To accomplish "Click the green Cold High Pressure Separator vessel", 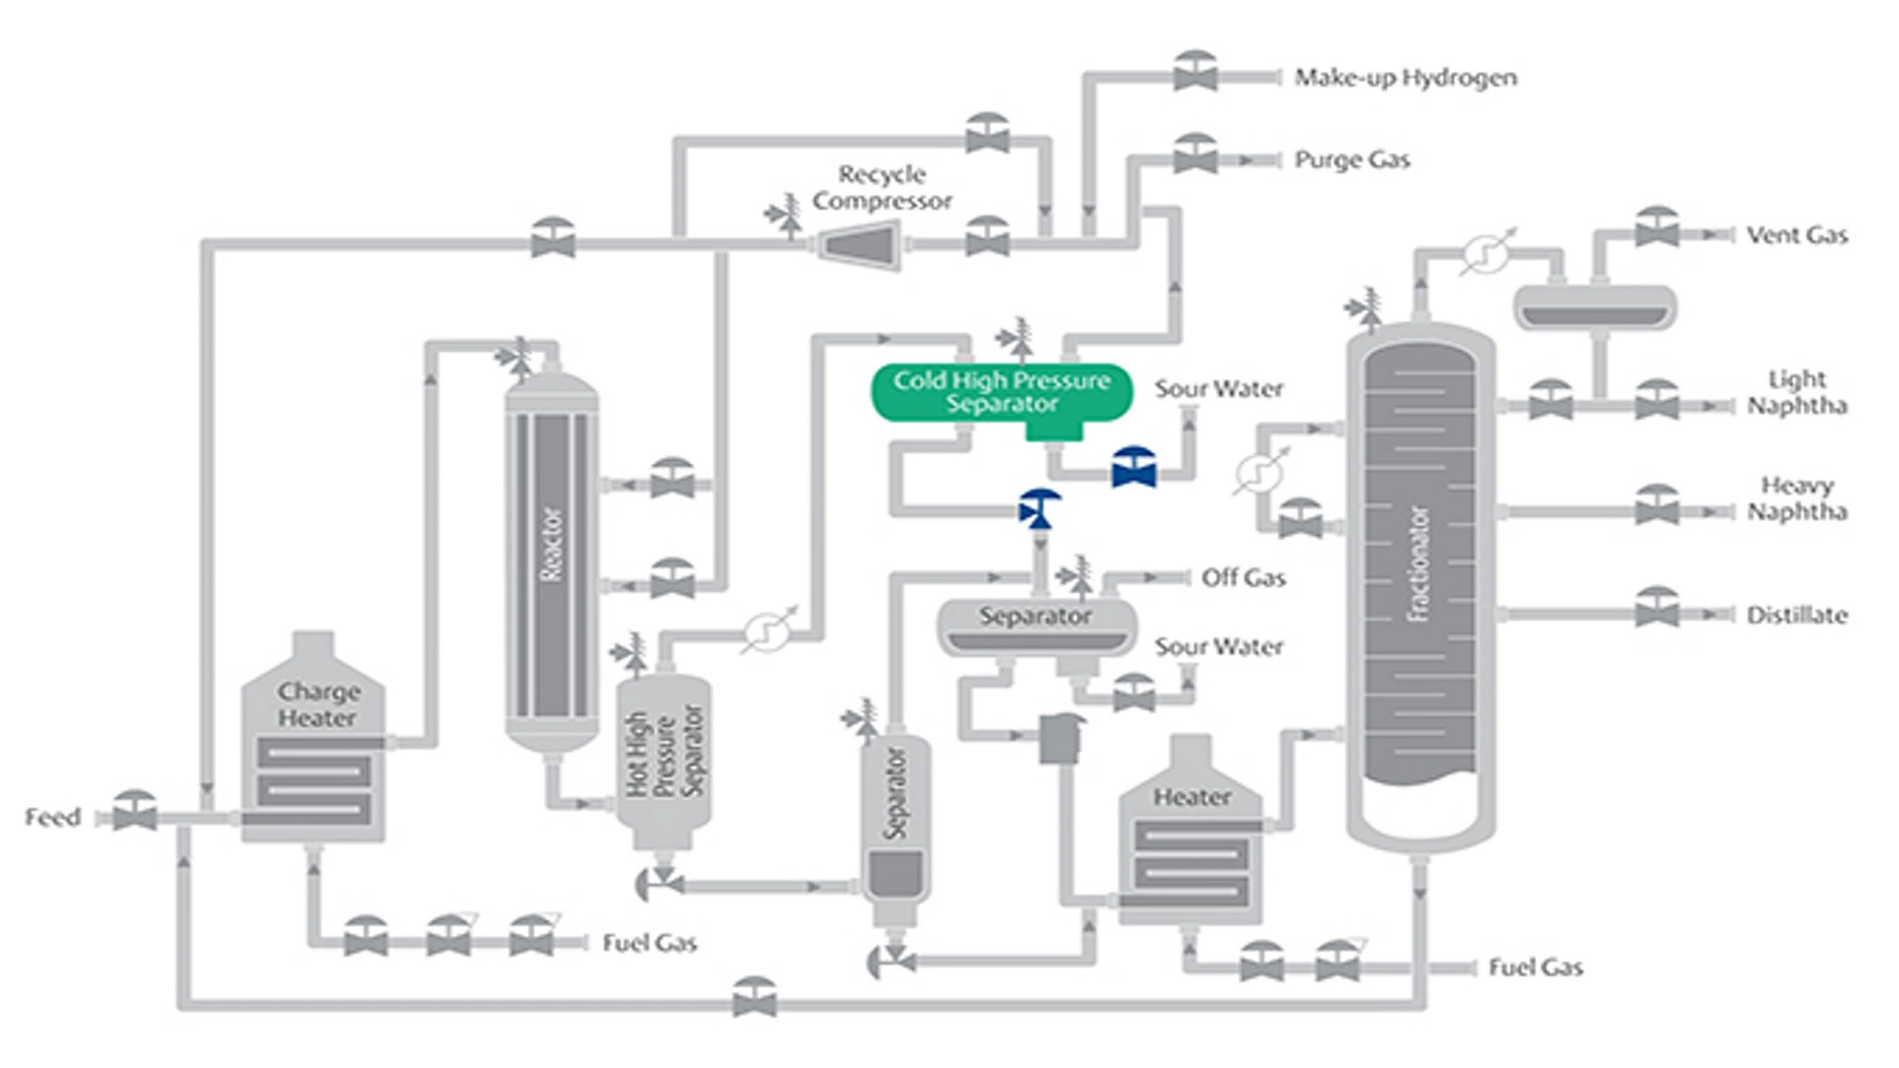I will point(1001,394).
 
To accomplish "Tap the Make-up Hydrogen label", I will point(1404,77).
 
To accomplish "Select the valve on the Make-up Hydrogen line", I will point(1195,73).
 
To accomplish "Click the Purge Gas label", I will point(1351,159).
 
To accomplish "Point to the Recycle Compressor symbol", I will point(859,244).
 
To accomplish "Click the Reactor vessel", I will point(551,559).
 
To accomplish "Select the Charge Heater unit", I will point(314,752).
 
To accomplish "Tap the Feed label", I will point(52,818).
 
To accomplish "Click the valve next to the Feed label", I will point(135,813).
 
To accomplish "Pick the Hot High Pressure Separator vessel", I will point(664,756).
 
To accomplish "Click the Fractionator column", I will point(1420,583).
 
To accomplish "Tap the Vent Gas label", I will point(1796,235).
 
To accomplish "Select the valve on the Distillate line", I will point(1657,609).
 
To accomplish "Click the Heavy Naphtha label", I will point(1796,498).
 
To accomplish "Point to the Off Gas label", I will point(1243,578).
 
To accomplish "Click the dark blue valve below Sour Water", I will point(1133,469).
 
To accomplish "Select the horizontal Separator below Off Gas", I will point(1036,627).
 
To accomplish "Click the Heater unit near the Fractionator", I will point(1191,841).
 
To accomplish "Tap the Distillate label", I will point(1796,615).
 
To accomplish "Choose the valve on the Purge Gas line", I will point(1195,156).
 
